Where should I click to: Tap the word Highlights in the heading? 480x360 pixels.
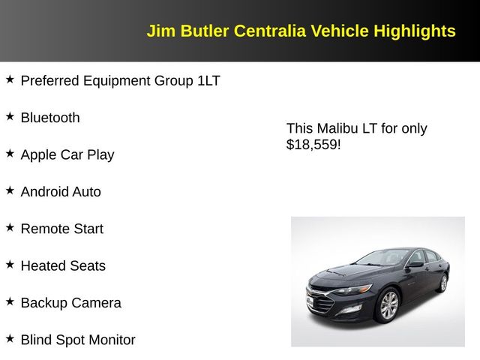tap(414, 31)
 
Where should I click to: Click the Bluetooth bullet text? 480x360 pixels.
tap(50, 118)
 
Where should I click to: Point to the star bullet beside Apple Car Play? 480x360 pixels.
tap(10, 153)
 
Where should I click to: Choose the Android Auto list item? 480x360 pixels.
tap(61, 192)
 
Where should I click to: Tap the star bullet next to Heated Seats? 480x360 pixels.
tap(10, 264)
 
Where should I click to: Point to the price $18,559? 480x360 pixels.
tap(313, 145)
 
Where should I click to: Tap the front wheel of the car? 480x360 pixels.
tap(388, 306)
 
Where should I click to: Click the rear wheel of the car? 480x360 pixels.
tap(443, 283)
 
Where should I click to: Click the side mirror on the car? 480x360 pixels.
tap(415, 265)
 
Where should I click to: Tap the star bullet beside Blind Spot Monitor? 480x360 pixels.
tap(10, 338)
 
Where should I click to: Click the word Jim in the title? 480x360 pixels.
tap(159, 31)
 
